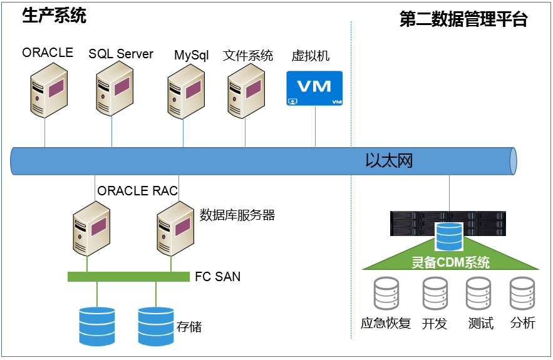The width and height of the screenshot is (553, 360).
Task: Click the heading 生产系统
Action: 54,16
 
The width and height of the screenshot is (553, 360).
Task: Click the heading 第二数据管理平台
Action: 463,19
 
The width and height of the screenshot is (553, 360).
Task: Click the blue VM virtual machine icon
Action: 314,88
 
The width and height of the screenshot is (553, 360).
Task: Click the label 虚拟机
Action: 311,56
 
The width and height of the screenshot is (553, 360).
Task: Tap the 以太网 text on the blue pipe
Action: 389,161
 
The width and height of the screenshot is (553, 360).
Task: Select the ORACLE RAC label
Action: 138,191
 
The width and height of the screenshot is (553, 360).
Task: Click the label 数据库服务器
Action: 237,215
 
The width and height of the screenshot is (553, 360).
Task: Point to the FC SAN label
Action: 217,276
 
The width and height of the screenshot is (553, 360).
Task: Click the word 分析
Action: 523,323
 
